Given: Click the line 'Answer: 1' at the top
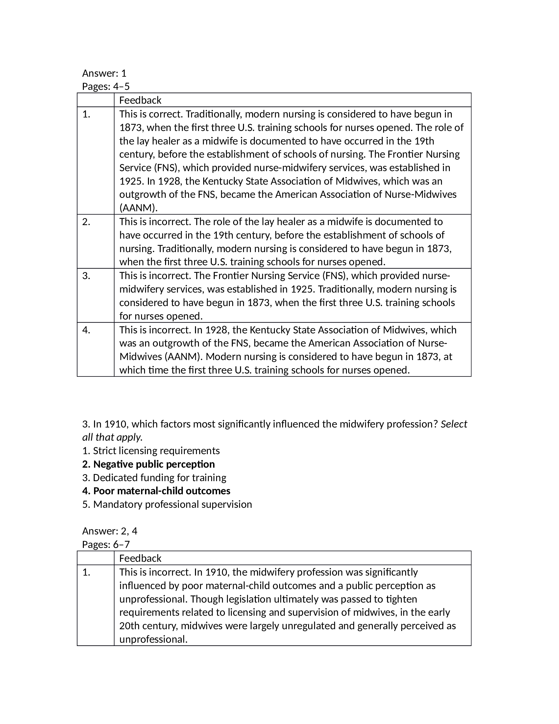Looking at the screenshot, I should coord(104,73).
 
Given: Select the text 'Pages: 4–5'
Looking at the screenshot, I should coord(106,87).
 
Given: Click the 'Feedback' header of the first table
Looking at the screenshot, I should coord(140,100).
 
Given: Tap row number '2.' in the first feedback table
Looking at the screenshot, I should coord(86,222).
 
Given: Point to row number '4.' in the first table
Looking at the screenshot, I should coord(86,330).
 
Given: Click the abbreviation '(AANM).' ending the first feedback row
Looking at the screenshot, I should coord(138,208).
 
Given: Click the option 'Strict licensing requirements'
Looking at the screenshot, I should coord(151,451).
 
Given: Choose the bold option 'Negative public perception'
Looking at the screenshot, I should coord(148,464).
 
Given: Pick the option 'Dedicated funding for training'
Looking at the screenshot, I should coord(154,478).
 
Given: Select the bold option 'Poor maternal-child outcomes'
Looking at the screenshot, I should coord(156,491).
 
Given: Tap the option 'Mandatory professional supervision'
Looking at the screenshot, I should coord(167,504).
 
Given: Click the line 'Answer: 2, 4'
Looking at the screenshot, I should coord(109,531).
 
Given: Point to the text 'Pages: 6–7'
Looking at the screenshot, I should coord(106,545).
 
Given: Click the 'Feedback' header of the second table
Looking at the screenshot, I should coord(140,558).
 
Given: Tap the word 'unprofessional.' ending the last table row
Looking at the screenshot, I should coord(153,639).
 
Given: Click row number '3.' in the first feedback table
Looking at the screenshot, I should coord(86,276).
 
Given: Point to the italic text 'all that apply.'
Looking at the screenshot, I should coord(112,437).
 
